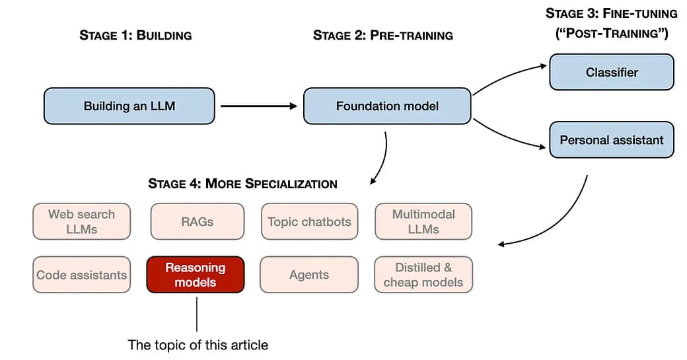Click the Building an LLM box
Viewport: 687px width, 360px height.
click(x=129, y=106)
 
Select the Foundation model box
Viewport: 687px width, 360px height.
click(x=387, y=106)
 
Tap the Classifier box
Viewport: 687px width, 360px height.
click(x=612, y=72)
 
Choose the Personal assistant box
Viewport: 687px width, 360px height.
click(x=612, y=139)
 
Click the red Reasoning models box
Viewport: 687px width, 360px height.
click(x=196, y=275)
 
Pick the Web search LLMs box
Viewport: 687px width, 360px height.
click(x=82, y=221)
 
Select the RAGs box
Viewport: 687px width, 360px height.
click(x=197, y=221)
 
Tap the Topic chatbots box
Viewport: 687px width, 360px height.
click(x=309, y=221)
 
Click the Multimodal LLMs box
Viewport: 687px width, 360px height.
click(x=423, y=221)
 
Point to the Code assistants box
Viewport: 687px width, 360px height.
click(x=82, y=275)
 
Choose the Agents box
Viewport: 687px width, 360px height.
click(x=309, y=275)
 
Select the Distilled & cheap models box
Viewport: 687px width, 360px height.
click(x=423, y=275)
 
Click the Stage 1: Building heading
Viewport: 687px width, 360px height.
click(x=135, y=36)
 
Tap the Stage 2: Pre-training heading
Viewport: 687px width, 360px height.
click(x=383, y=36)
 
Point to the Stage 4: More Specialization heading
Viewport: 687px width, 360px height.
click(x=242, y=184)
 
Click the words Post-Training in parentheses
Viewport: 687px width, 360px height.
click(x=612, y=34)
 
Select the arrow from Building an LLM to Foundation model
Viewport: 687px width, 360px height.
click(x=258, y=106)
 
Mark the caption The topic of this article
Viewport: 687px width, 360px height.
click(x=198, y=345)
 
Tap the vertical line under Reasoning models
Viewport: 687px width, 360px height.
click(x=197, y=313)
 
